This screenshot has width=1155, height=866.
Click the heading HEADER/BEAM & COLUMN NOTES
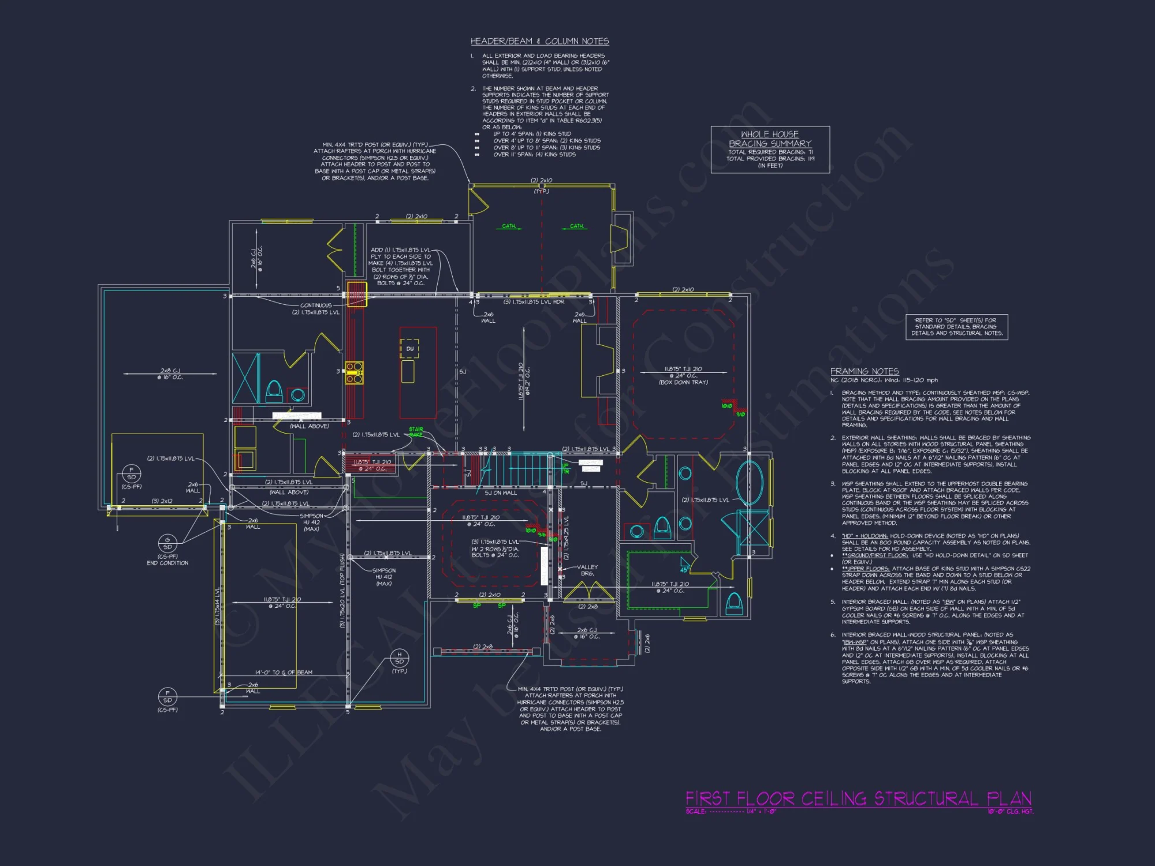[x=539, y=41]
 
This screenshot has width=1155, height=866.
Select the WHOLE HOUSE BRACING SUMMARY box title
[x=770, y=139]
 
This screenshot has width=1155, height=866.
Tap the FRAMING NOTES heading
[x=864, y=371]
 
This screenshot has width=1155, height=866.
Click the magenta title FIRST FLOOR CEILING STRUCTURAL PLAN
[x=858, y=798]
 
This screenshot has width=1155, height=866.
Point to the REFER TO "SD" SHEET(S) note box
[x=956, y=326]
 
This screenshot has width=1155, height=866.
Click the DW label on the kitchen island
[x=409, y=349]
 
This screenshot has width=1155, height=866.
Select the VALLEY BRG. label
[x=587, y=570]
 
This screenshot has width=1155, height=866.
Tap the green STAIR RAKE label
[x=416, y=431]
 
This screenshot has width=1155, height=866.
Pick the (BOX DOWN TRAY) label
[x=683, y=382]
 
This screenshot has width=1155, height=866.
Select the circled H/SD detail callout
[x=399, y=658]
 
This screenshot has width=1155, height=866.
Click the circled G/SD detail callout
[x=167, y=543]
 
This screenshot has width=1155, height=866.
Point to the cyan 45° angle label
[x=684, y=569]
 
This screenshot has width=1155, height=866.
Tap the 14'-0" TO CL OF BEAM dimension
[x=284, y=673]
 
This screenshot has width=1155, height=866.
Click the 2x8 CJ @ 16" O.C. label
[x=170, y=374]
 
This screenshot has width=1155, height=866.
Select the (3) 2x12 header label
[x=162, y=501]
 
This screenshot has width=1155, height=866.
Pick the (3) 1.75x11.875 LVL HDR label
[x=534, y=302]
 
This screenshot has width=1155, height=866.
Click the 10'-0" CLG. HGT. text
[x=1010, y=811]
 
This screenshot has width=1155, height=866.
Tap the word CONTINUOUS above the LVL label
[x=315, y=305]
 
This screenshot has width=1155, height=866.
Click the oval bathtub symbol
[x=750, y=483]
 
